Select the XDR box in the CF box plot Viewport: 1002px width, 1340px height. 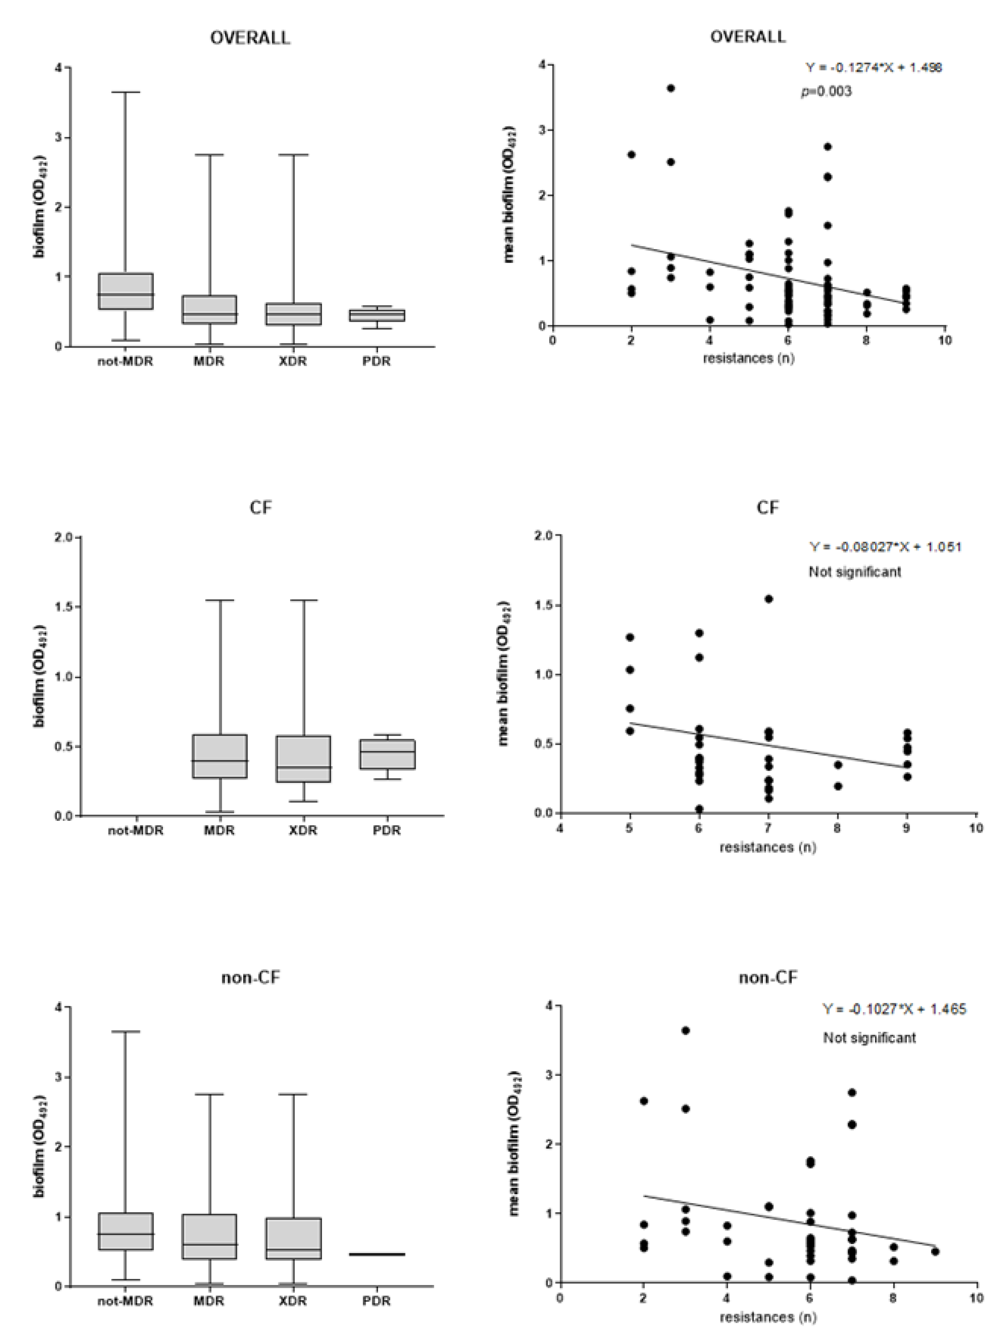click(x=303, y=759)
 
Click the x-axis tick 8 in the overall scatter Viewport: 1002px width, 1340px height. click(x=866, y=341)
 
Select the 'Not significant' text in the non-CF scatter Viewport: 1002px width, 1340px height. click(x=869, y=1038)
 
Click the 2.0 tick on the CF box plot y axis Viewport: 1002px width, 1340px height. click(x=64, y=537)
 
